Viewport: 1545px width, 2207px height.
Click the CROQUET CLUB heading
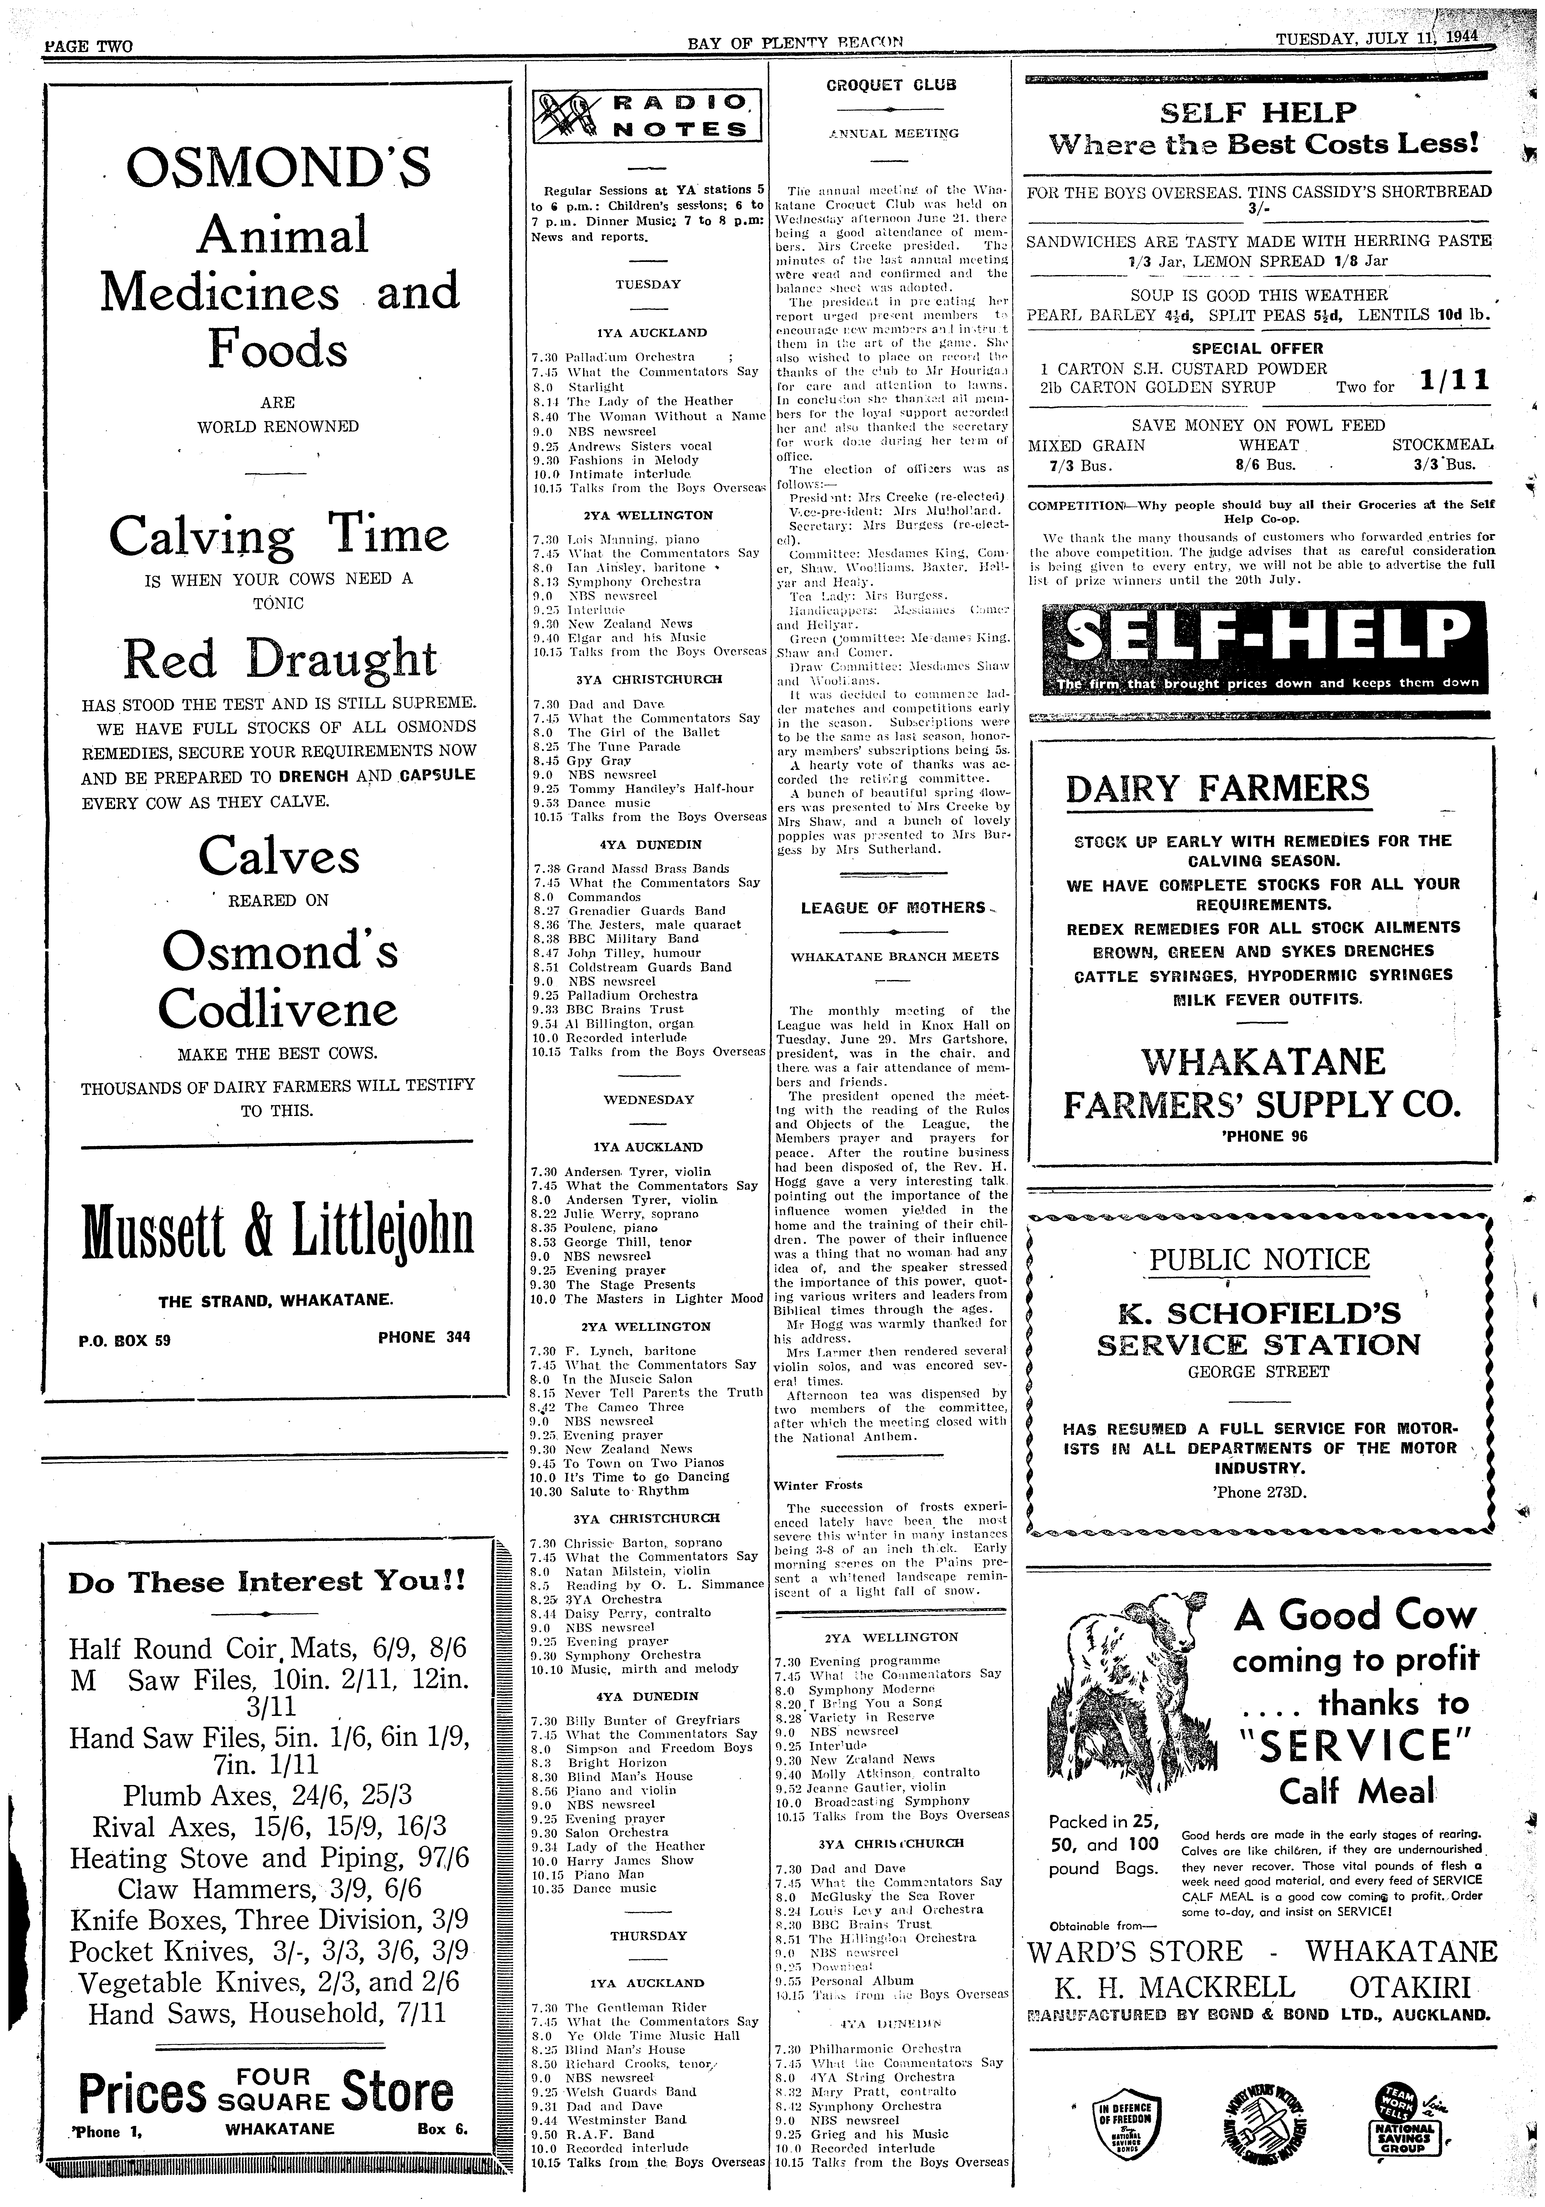pos(891,85)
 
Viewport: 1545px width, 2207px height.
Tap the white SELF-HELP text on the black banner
pos(1266,635)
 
